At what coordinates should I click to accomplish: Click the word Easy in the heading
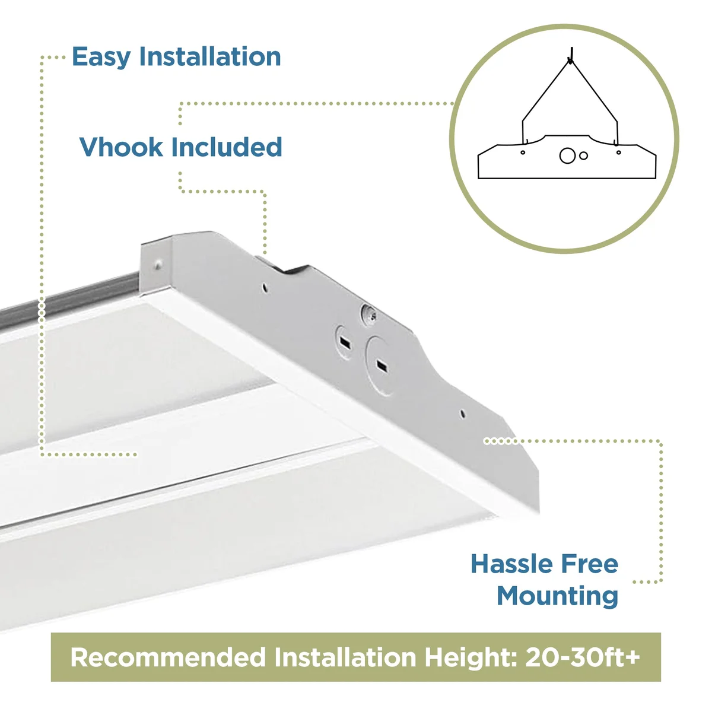click(x=101, y=57)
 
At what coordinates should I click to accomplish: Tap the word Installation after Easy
click(x=210, y=56)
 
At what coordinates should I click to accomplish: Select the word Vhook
click(x=121, y=147)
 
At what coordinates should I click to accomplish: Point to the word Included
click(x=227, y=147)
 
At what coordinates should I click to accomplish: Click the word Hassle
click(x=513, y=564)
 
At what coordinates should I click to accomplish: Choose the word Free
click(x=590, y=564)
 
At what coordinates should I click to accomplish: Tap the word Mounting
click(x=558, y=596)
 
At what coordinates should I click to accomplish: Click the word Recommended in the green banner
click(x=168, y=657)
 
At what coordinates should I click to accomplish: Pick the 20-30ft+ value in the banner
click(x=583, y=657)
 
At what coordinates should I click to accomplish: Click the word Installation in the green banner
click(x=345, y=657)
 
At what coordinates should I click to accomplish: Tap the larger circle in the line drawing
click(x=567, y=155)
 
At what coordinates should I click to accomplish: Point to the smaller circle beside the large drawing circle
click(x=583, y=155)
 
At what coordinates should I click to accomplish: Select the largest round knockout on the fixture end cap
click(x=379, y=365)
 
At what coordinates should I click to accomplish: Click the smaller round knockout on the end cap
click(x=344, y=342)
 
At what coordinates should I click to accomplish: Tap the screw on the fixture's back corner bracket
click(x=158, y=264)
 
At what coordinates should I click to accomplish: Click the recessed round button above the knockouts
click(x=370, y=314)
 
